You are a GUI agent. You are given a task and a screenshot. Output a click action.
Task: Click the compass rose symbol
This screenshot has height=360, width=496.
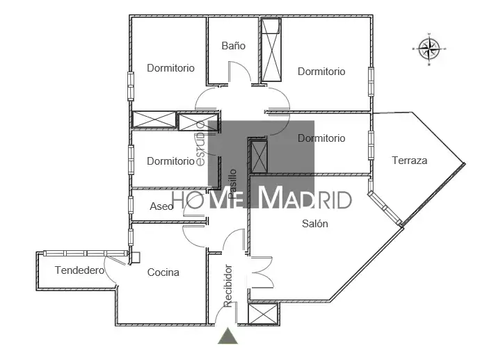[429, 49]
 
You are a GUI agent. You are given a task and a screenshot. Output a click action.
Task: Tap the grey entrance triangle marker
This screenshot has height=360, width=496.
[227, 336]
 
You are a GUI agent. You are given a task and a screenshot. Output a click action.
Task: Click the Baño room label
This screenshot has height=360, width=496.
[234, 46]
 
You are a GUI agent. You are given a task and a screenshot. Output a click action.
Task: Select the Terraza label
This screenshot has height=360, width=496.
[410, 161]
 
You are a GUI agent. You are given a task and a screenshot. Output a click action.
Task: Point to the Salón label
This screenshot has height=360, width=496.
[314, 224]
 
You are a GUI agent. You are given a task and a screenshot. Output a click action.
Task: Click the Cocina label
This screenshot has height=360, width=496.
[163, 272]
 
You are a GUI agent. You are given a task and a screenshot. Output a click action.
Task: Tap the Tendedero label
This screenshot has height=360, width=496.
[79, 270]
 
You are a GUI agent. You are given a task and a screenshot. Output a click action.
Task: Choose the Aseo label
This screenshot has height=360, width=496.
[161, 206]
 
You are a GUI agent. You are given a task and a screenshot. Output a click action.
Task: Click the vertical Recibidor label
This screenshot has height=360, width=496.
[227, 286]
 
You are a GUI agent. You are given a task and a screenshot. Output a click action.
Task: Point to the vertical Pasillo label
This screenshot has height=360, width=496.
[232, 184]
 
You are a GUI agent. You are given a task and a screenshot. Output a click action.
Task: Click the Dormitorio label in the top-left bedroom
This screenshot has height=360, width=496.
[171, 67]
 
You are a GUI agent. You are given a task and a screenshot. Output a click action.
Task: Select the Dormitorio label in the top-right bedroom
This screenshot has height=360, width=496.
[321, 71]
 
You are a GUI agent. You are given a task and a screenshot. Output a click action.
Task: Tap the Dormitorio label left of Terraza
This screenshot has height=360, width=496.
[321, 138]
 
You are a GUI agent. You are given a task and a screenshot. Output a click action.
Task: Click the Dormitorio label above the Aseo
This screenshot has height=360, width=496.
[171, 161]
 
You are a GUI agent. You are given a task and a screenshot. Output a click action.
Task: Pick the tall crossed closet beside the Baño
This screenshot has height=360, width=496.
[271, 50]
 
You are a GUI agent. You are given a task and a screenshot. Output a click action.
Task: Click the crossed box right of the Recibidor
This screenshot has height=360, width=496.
[263, 314]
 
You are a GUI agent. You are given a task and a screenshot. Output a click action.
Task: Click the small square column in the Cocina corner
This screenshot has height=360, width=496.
[136, 257]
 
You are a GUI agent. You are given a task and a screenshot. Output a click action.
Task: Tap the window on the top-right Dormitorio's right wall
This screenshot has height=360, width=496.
[371, 81]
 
